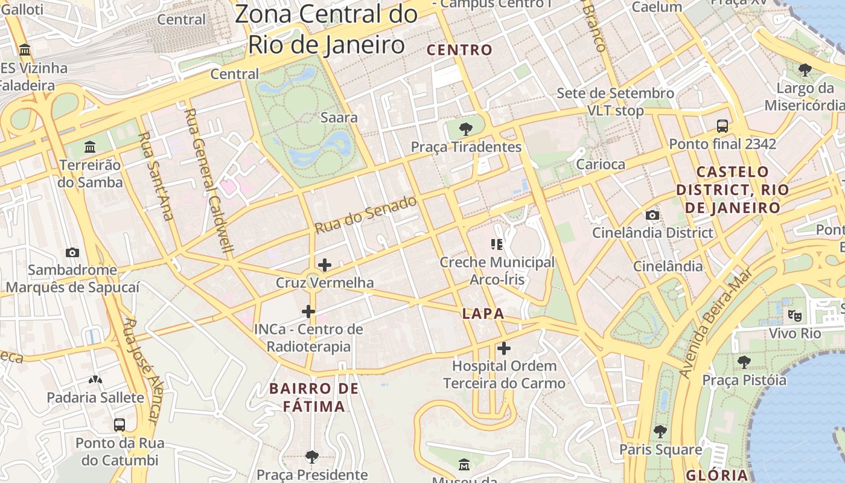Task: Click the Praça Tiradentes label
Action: pyautogui.click(x=466, y=147)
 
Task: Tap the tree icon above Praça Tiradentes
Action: pyautogui.click(x=465, y=129)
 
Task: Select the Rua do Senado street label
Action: pyautogui.click(x=366, y=215)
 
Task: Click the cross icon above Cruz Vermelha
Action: pyautogui.click(x=325, y=265)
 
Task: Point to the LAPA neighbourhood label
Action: pyautogui.click(x=483, y=313)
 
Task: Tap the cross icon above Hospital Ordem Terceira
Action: pyautogui.click(x=504, y=348)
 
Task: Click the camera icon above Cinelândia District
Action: pyautogui.click(x=652, y=216)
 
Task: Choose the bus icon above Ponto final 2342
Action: pyautogui.click(x=722, y=126)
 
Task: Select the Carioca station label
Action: pyautogui.click(x=601, y=164)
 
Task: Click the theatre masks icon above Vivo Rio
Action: pyautogui.click(x=795, y=315)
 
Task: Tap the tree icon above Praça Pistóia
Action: pyautogui.click(x=744, y=362)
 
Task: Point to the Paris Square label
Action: pyautogui.click(x=660, y=450)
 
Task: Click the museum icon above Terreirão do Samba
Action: pyautogui.click(x=90, y=147)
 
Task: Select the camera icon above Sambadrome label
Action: pyautogui.click(x=72, y=252)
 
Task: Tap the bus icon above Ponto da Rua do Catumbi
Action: pyautogui.click(x=120, y=424)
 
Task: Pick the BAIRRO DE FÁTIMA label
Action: pyautogui.click(x=314, y=397)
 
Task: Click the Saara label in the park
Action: pyautogui.click(x=339, y=118)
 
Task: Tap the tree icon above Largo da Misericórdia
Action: pyautogui.click(x=805, y=70)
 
